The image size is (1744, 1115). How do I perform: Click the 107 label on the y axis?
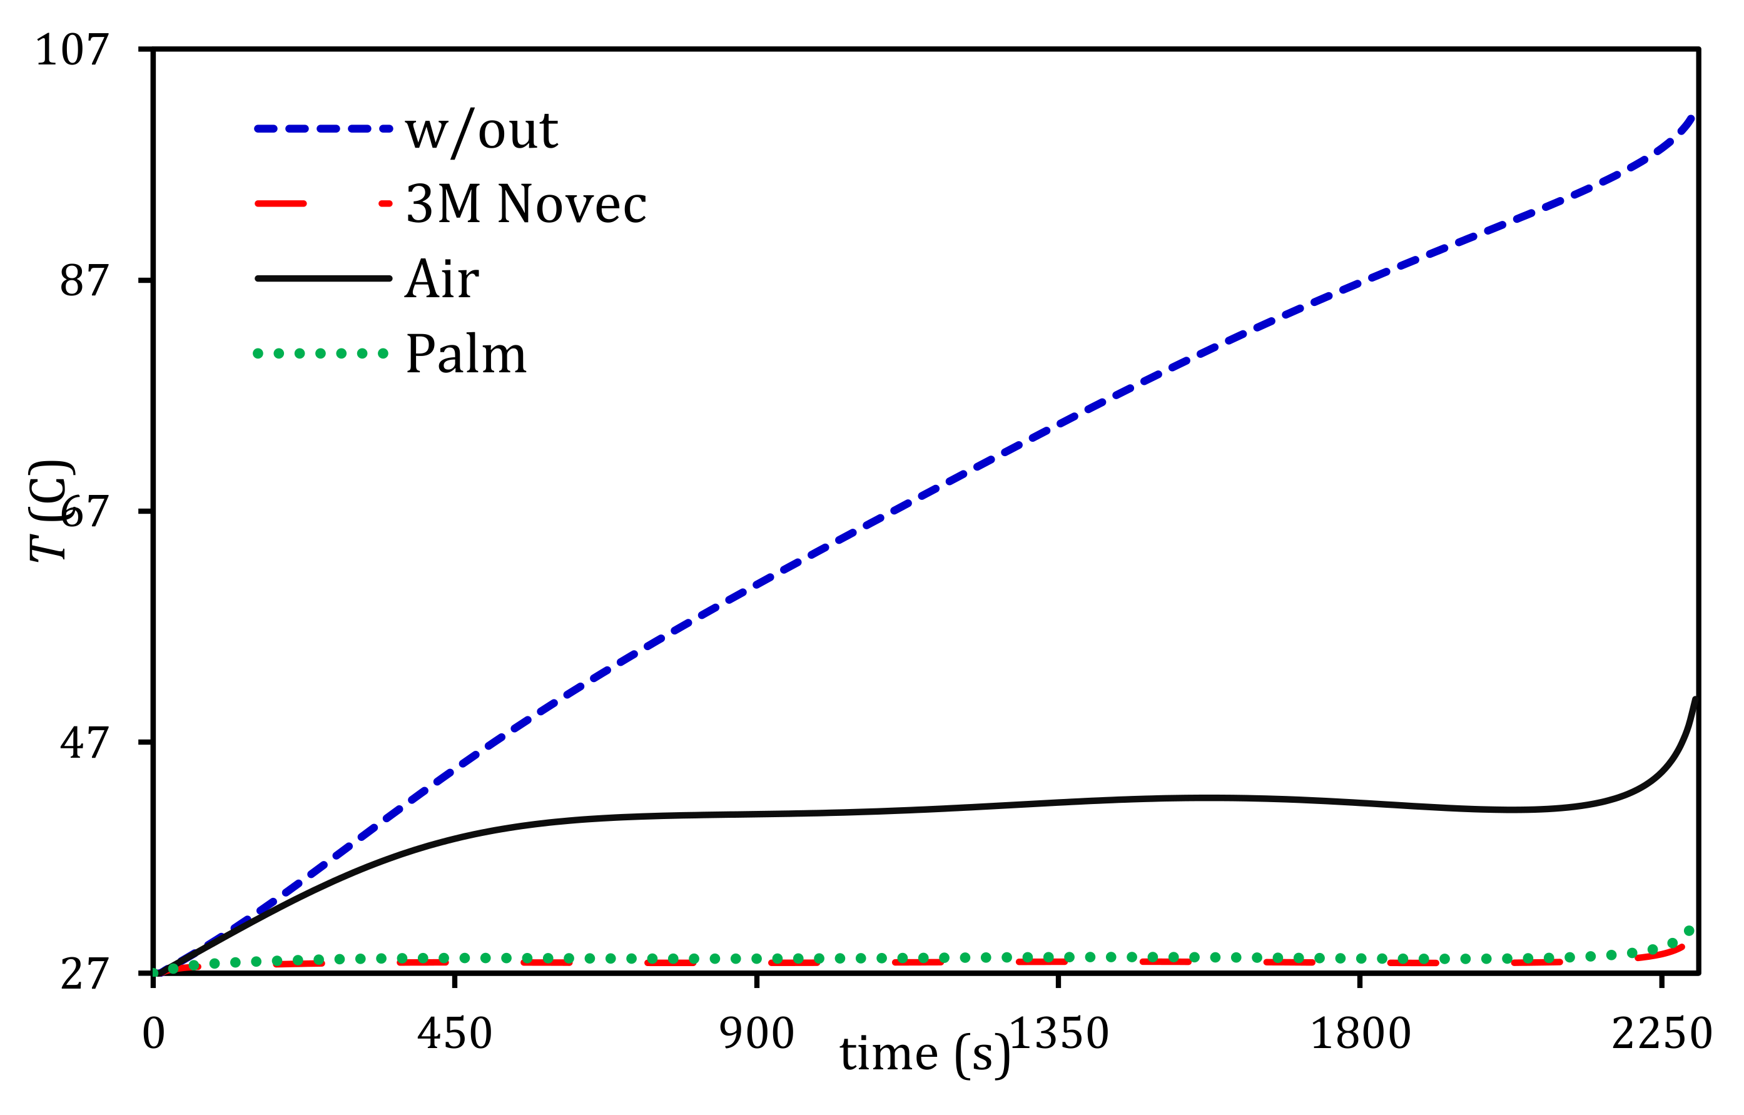tap(72, 51)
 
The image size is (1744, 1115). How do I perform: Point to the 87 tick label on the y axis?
tap(84, 280)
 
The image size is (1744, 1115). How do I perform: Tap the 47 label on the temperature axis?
tap(84, 743)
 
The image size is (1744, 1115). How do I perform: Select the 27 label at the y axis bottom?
tap(84, 974)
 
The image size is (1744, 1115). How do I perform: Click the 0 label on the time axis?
tap(153, 1034)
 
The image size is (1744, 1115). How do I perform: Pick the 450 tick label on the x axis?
tap(454, 1034)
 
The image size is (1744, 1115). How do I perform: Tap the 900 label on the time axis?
tap(757, 1034)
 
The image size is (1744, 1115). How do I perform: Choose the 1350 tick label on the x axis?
tap(1059, 1034)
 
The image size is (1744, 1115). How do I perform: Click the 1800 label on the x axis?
tap(1360, 1034)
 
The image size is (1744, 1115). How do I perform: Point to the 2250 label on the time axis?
tap(1661, 1034)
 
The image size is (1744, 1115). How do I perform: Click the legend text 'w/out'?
tap(481, 130)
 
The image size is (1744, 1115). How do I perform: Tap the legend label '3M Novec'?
tap(526, 205)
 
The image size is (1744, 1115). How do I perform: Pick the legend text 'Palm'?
tap(465, 354)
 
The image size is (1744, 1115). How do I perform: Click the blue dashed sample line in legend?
tap(323, 129)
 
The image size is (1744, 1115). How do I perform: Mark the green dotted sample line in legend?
tap(321, 354)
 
